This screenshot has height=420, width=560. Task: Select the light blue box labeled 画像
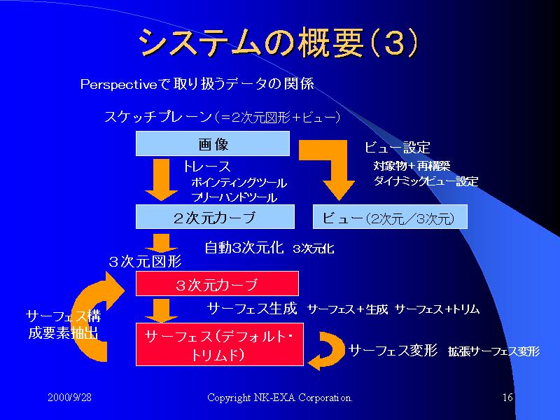(212, 145)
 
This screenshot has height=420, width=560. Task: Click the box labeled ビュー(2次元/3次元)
(388, 218)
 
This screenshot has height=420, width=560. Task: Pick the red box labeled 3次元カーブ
(217, 284)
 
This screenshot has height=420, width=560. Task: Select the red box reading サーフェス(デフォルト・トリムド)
(219, 344)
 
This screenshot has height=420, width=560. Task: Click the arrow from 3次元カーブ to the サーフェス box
(162, 309)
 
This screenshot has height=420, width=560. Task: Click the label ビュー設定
(398, 148)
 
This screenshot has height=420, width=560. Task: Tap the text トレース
(206, 167)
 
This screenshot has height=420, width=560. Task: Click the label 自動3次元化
(244, 247)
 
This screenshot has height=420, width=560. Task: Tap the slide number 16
(508, 398)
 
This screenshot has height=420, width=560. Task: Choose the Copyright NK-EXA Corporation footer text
(279, 398)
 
